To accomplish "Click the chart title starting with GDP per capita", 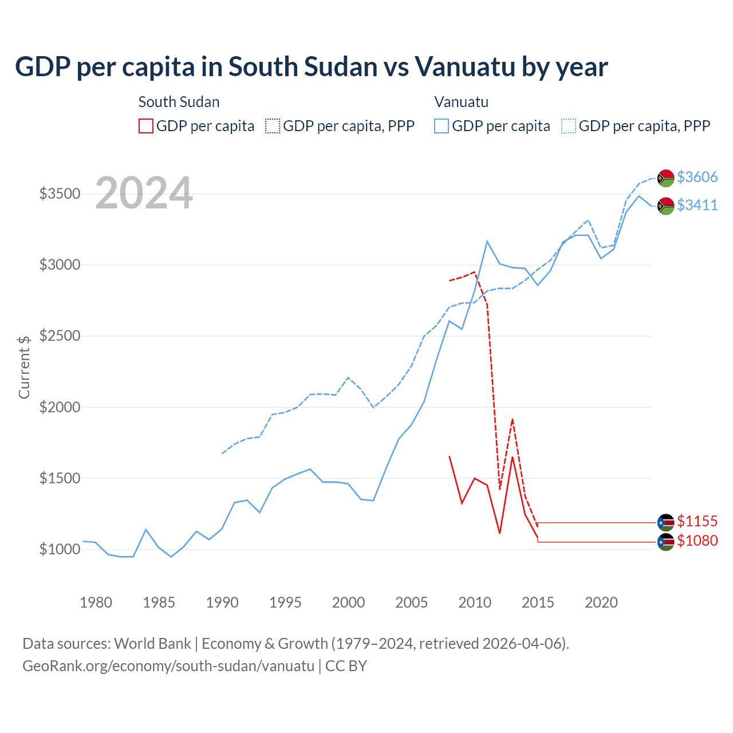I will coord(311,67).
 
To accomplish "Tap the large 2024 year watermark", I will coord(144,194).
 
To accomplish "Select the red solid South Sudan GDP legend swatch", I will coord(146,126).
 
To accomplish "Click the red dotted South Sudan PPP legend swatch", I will coord(273,126).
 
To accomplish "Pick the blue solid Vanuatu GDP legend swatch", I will coord(442,126).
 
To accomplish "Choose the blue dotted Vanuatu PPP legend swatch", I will coord(569,126).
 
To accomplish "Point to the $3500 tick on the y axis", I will coord(60,194).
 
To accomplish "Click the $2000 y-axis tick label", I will coord(60,407).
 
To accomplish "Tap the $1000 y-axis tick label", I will coord(60,549).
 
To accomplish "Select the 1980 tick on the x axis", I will coord(96,602).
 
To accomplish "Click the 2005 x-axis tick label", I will coord(411,602).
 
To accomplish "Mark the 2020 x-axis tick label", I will coord(601,602).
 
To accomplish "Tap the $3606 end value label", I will coord(697,177).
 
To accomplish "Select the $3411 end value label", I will coord(697,205).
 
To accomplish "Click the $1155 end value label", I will coord(697,521).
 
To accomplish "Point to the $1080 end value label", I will coord(697,541).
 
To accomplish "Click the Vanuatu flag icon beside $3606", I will coord(665,178).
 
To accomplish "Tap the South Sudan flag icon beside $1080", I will coord(665,542).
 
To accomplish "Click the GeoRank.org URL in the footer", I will coord(168,666).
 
